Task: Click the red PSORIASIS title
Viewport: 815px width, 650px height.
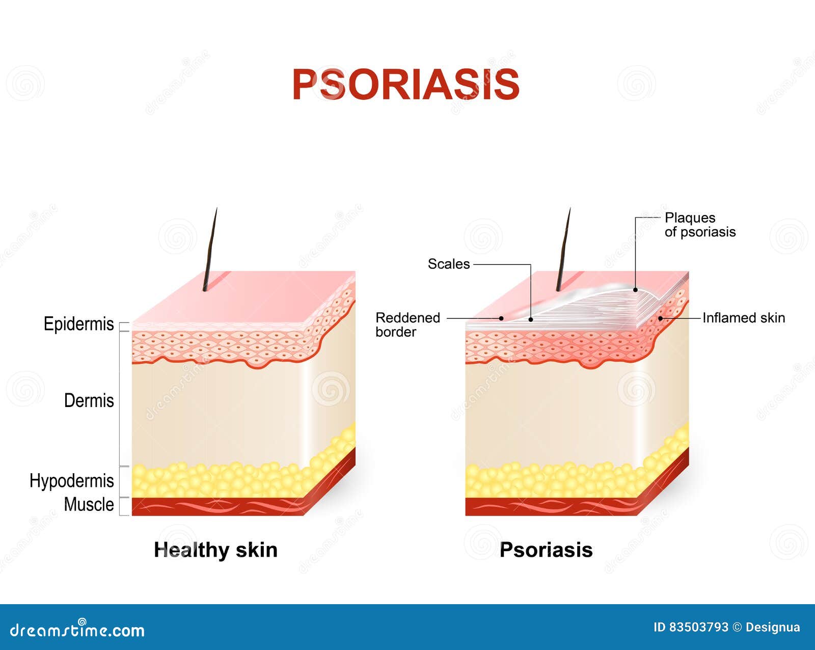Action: click(406, 85)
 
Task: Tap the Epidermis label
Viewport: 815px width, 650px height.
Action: click(78, 324)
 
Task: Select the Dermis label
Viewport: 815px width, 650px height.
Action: click(89, 400)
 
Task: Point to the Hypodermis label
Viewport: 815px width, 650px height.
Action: click(71, 480)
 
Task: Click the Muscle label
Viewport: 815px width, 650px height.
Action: click(89, 504)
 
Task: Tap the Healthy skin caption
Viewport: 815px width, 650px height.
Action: click(215, 550)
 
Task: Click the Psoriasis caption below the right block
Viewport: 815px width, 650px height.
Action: click(546, 550)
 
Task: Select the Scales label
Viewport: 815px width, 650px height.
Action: click(448, 264)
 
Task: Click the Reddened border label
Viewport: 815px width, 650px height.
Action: click(407, 324)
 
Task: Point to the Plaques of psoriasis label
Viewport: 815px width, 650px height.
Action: click(700, 225)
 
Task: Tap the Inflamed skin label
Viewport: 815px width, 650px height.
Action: click(743, 318)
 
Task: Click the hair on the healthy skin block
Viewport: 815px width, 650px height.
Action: click(210, 250)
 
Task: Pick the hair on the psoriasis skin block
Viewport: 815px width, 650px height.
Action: click(563, 250)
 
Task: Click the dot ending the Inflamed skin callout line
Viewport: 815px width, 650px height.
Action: click(661, 318)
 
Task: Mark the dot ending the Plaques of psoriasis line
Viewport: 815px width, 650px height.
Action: click(635, 290)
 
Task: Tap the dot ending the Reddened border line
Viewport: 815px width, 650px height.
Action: click(502, 318)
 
